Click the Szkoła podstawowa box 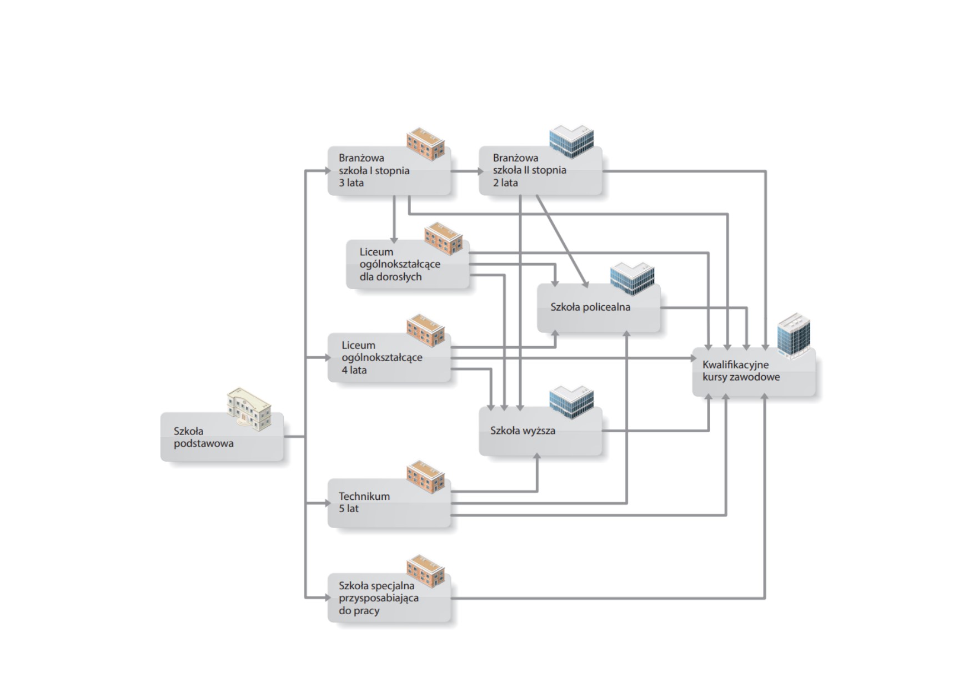(222, 437)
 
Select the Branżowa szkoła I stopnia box (389, 170)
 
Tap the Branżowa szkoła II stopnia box (540, 170)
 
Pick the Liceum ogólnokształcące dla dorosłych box (408, 264)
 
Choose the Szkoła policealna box (599, 308)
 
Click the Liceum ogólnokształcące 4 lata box (389, 357)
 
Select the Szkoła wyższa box (540, 431)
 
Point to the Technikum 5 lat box (389, 503)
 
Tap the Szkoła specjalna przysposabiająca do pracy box (389, 598)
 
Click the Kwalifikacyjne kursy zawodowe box (754, 372)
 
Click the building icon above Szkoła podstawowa (249, 409)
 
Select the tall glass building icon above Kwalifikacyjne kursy (794, 336)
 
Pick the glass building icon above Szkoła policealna (632, 279)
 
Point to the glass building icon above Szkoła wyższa (571, 402)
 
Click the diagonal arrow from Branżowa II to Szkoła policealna (562, 241)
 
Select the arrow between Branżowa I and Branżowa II (467, 171)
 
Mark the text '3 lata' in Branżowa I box (352, 183)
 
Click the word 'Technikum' (364, 496)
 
